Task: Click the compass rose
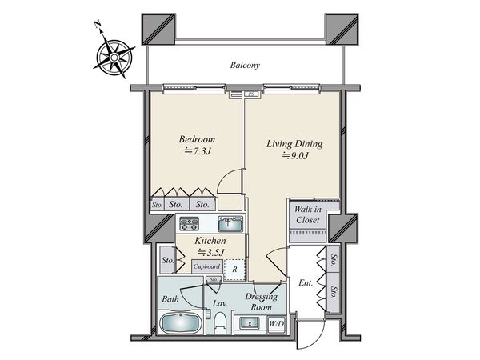point(114,58)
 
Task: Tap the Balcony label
point(245,66)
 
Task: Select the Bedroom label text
point(197,139)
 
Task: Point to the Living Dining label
point(294,144)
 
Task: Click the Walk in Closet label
point(308,214)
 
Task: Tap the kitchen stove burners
point(189,223)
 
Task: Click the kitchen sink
point(230,224)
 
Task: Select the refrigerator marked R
point(234,270)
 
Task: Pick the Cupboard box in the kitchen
point(207,266)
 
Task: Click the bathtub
point(181,322)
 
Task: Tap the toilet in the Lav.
point(219,323)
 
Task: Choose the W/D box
point(277,324)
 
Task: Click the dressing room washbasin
point(250,323)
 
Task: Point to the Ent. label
point(306,283)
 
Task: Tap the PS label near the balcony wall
point(251,94)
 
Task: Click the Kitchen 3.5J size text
point(211,253)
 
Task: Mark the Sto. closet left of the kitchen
point(167,260)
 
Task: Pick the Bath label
point(170,298)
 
